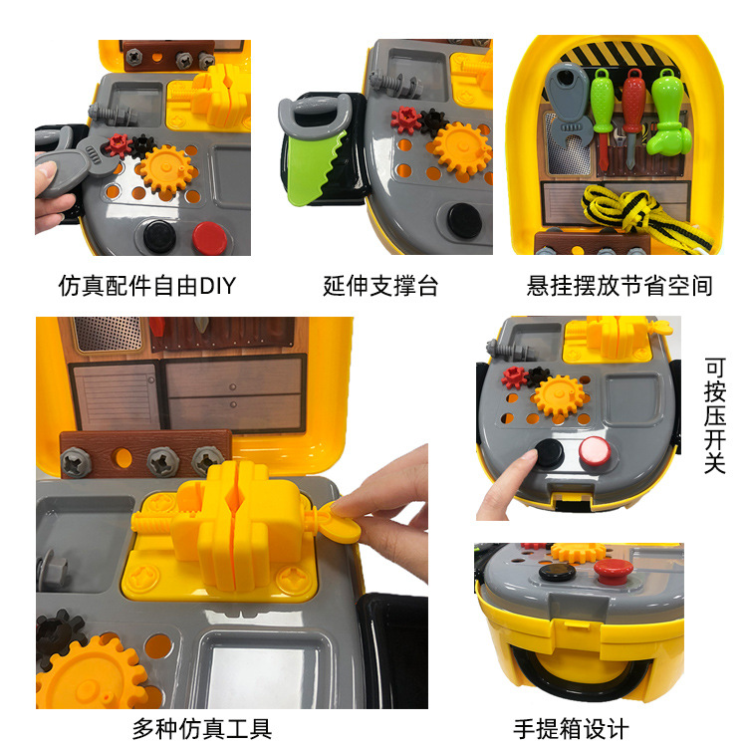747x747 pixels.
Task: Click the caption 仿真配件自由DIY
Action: point(147,286)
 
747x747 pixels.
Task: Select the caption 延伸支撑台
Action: point(380,286)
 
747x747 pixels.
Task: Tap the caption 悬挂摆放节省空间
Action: point(620,286)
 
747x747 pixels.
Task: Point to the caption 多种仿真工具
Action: point(202,728)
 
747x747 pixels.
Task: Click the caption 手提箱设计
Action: point(572,728)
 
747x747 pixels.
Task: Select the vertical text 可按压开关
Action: point(714,415)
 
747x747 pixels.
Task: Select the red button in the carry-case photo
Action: point(609,572)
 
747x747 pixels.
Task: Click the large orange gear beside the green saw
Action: point(461,150)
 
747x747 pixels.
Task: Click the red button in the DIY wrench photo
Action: point(210,237)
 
